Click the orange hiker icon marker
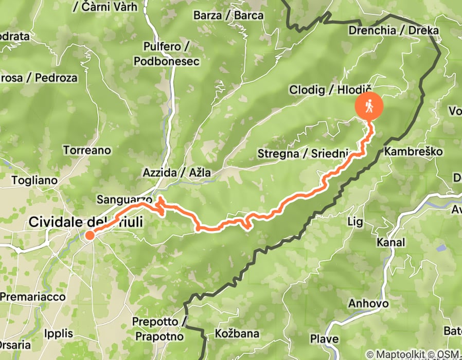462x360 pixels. [x=369, y=106]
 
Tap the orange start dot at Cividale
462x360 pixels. [x=90, y=236]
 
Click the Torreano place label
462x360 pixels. [x=87, y=150]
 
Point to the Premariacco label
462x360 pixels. [x=33, y=297]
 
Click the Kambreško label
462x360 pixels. [x=414, y=152]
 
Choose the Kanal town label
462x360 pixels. [x=391, y=242]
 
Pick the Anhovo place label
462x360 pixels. [x=368, y=303]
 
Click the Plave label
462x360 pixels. [x=325, y=339]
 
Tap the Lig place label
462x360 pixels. [x=356, y=222]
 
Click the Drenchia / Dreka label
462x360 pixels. [x=394, y=30]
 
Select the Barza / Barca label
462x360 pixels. [x=228, y=15]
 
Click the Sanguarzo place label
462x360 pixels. [x=124, y=200]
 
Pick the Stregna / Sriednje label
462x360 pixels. [x=304, y=153]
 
